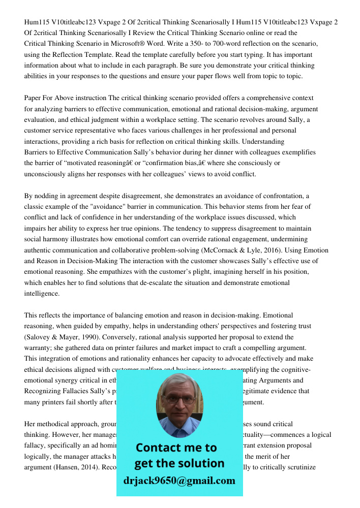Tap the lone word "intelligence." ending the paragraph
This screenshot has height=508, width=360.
click(42, 294)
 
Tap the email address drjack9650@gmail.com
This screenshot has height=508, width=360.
click(179, 481)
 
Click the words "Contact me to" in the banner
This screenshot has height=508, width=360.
click(176, 448)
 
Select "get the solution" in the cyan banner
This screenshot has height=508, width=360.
click(179, 463)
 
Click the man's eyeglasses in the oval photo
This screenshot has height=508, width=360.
click(179, 398)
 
